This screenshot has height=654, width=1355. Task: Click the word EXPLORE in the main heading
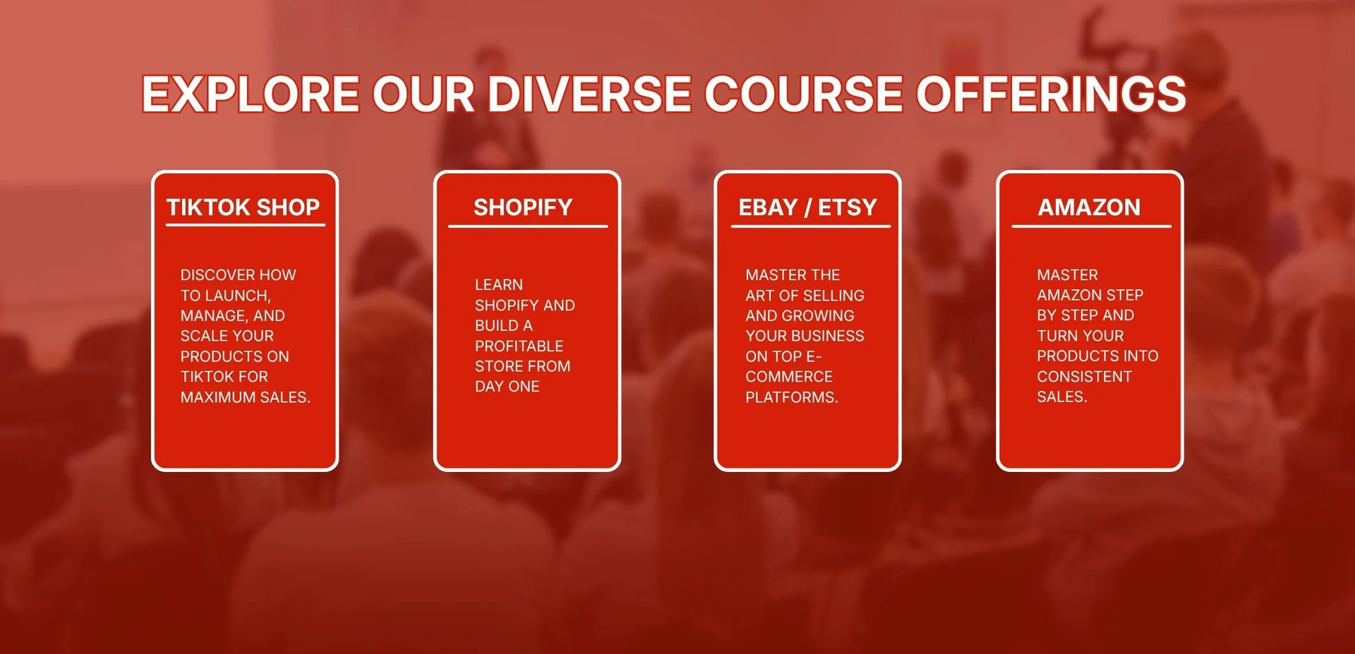point(251,94)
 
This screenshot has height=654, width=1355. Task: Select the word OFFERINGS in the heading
point(1051,94)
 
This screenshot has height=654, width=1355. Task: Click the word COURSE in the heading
point(804,94)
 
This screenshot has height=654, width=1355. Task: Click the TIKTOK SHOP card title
point(243,207)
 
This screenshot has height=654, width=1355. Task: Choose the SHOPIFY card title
point(523,207)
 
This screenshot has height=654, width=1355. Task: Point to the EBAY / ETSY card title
point(807,207)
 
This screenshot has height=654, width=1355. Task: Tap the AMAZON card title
point(1089,207)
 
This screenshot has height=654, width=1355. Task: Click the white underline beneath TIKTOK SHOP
point(246,226)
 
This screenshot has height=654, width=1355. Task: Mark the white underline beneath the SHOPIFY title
point(528,226)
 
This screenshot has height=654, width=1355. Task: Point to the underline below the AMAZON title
point(1092,226)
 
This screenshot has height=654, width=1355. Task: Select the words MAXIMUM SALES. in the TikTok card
point(246,397)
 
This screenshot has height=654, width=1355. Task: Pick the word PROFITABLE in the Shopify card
point(519,346)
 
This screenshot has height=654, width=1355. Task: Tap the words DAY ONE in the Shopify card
point(507,387)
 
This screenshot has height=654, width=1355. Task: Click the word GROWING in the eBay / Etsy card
point(819,316)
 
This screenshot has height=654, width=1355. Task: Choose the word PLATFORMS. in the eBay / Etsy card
point(792,397)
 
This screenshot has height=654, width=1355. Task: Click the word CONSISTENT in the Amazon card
point(1084,377)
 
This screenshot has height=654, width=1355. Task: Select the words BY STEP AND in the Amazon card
point(1085,315)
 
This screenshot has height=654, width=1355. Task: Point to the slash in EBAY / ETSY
point(808,207)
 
